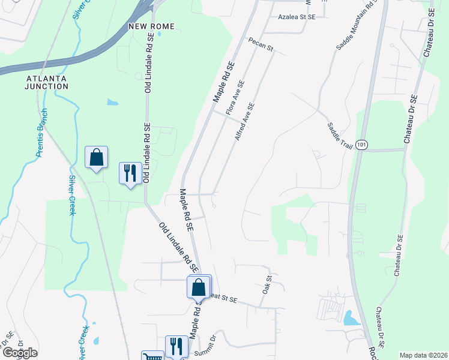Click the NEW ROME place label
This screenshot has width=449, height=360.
click(151, 26)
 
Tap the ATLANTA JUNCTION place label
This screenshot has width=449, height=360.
click(47, 82)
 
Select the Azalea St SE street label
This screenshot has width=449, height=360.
click(297, 17)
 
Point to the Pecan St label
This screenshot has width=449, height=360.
click(261, 44)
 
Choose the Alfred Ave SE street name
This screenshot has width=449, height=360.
click(246, 122)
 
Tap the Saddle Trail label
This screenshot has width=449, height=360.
click(339, 134)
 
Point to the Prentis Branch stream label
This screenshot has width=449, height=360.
click(41, 133)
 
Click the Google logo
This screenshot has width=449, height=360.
click(20, 353)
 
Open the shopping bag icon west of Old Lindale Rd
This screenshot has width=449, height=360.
click(96, 158)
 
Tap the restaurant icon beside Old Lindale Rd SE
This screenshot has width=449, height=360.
click(130, 173)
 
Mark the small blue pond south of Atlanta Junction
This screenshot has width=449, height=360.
click(112, 102)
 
